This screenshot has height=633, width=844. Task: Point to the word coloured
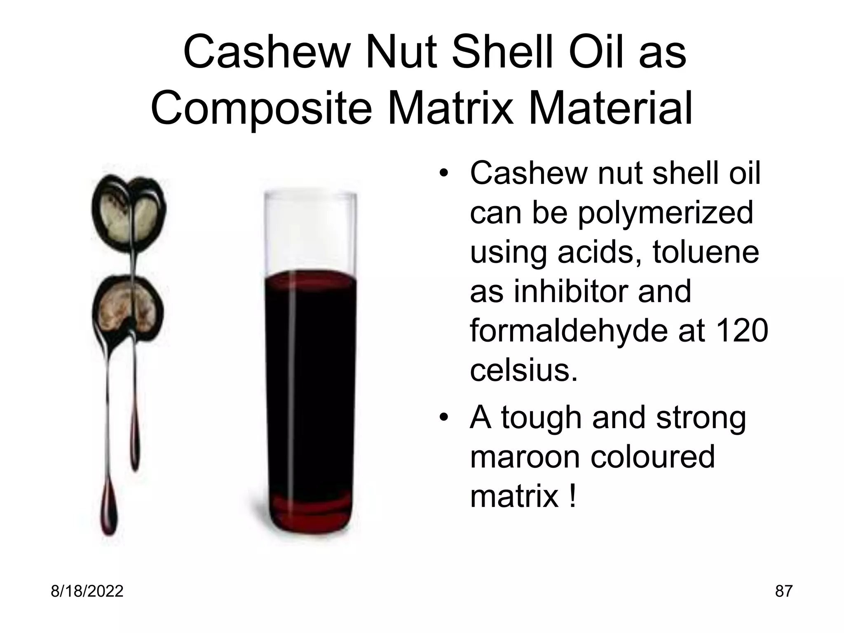[x=653, y=457]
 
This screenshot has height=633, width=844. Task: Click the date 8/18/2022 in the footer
[x=87, y=591]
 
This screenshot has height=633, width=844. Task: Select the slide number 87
[x=783, y=591]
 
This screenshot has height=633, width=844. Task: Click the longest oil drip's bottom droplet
[x=110, y=515]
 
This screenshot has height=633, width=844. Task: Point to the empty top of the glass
[x=310, y=231]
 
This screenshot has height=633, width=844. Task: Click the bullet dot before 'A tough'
[x=443, y=418]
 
